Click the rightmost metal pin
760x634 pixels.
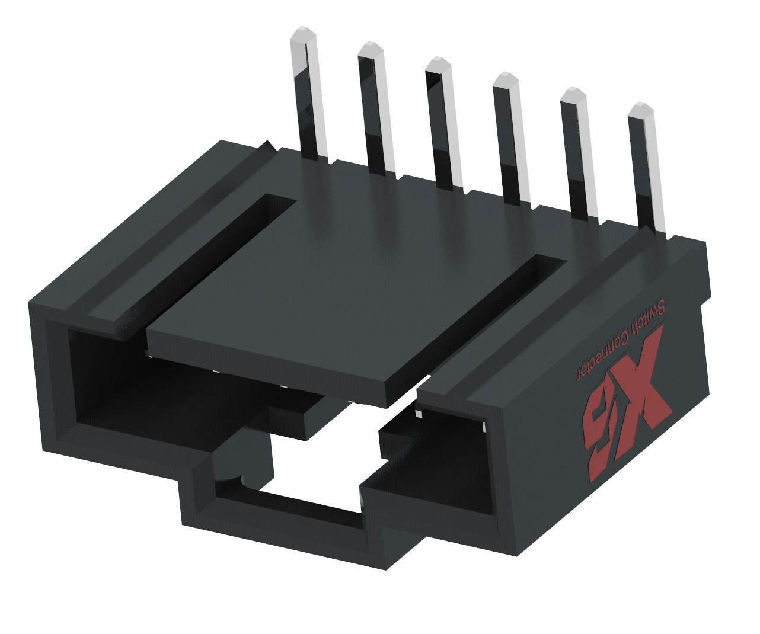[x=647, y=169]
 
